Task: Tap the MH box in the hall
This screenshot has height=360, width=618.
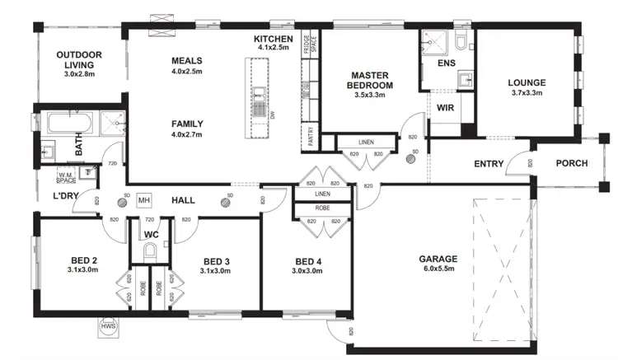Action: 145,200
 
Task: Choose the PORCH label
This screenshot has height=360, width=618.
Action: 572,163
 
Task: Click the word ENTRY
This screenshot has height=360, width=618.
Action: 489,164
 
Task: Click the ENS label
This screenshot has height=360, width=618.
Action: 446,63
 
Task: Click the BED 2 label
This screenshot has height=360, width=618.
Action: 82,263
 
